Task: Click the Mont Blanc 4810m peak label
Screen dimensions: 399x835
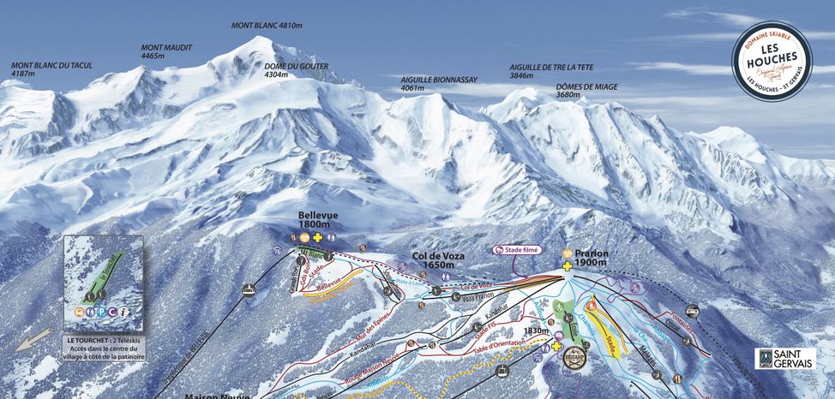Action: tap(267, 26)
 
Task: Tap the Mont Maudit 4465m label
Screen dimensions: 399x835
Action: tap(166, 51)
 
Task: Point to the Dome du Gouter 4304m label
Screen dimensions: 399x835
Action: tap(296, 70)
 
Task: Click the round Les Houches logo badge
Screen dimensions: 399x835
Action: tap(771, 60)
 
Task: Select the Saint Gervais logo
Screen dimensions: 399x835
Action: tap(784, 358)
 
